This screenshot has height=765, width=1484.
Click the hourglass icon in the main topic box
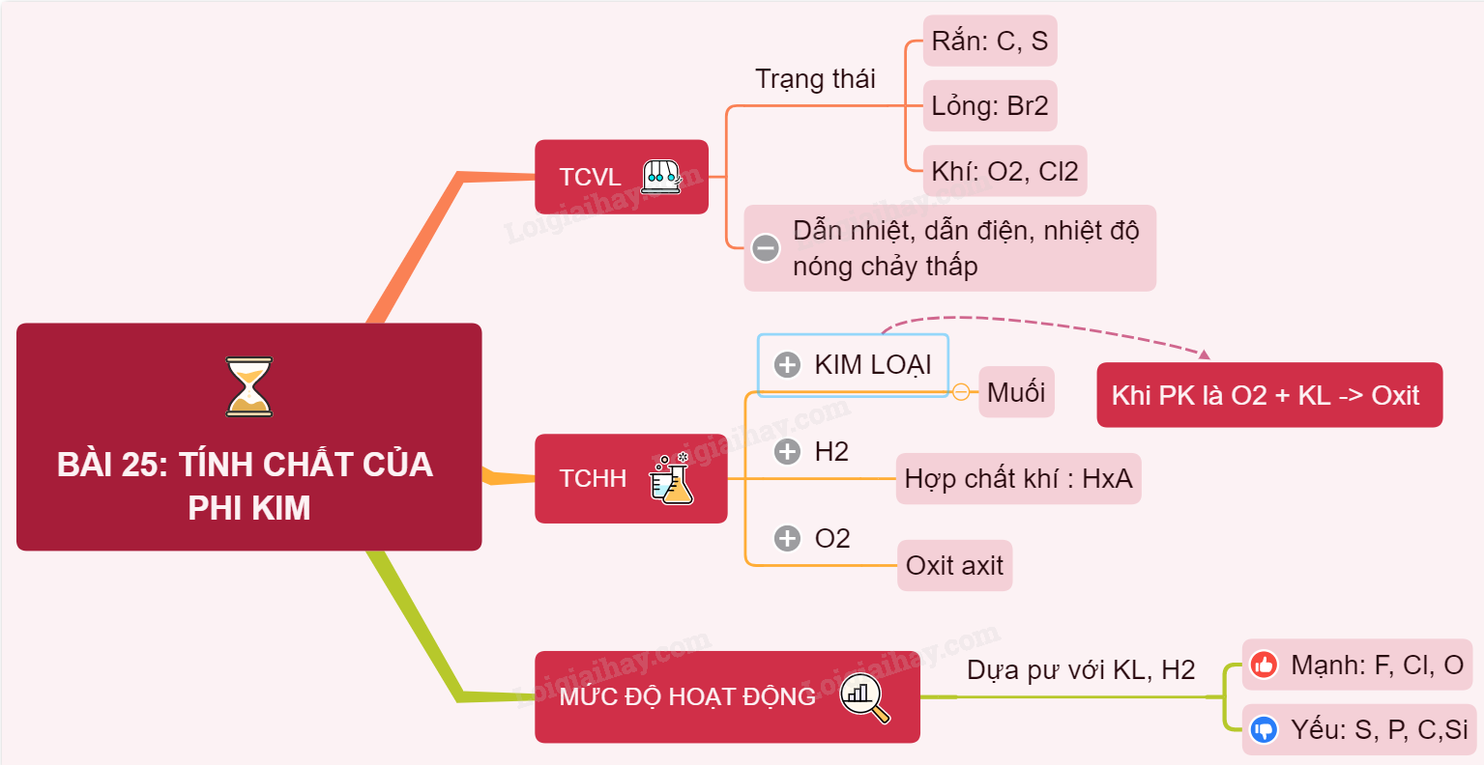249,386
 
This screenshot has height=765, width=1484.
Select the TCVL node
621,177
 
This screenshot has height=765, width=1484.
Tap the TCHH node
630,478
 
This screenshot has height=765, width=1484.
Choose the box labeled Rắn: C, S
989,41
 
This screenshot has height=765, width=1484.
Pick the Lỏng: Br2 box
989,105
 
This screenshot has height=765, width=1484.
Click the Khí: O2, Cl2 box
1004,171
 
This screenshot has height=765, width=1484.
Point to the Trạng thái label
815,79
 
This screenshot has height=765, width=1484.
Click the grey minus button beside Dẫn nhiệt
766,248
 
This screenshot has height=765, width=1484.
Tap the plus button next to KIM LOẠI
788,365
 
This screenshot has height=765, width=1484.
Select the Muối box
1016,391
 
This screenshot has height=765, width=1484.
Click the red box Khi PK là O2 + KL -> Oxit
1268,395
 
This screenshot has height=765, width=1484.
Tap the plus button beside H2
788,451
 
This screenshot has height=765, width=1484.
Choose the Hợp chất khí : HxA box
1018,478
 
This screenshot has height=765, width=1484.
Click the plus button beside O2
788,538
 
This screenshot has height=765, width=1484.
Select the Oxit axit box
954,565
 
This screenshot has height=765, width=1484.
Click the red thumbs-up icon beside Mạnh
1264,665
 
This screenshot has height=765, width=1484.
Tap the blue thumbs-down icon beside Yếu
1264,729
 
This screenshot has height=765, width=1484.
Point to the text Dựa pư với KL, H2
1081,669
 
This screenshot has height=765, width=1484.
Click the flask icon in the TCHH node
672,479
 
